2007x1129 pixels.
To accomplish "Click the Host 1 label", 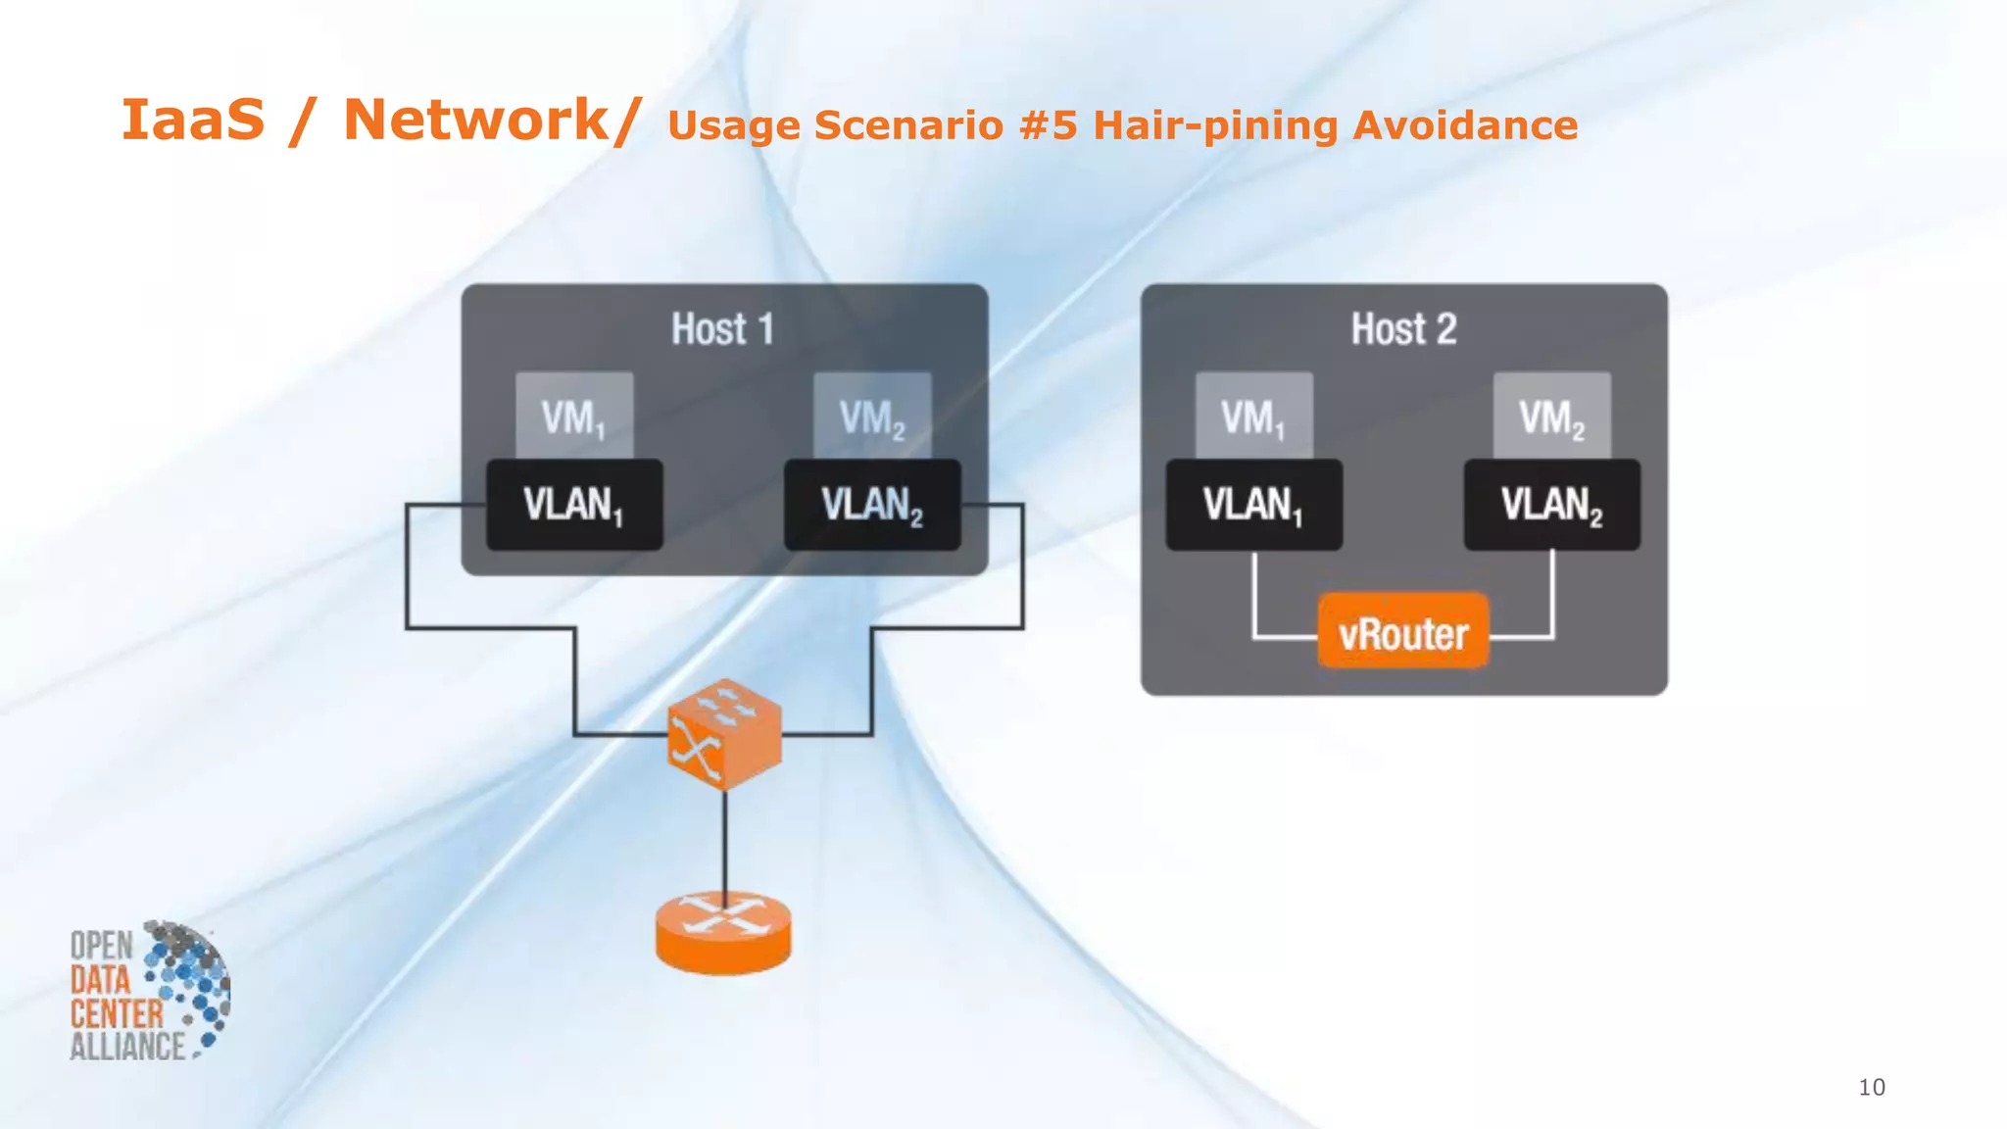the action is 723,329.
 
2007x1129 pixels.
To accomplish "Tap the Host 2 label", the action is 1403,329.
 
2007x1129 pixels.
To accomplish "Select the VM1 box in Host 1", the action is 574,415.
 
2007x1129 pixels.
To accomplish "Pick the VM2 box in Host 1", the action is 872,415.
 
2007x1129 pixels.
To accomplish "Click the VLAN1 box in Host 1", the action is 574,505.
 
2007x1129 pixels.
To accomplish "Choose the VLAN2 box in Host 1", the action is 872,505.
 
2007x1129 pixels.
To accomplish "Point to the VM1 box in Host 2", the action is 1253,415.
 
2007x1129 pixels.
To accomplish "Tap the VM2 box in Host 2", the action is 1551,415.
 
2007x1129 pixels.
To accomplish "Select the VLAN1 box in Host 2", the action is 1253,505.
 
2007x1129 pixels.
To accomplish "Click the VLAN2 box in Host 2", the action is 1551,505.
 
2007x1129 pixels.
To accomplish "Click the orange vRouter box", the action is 1403,632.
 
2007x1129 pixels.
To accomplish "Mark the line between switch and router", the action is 725,843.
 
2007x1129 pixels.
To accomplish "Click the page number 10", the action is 1871,1087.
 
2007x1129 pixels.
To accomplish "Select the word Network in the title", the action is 476,121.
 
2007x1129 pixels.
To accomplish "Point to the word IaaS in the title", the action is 193,121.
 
